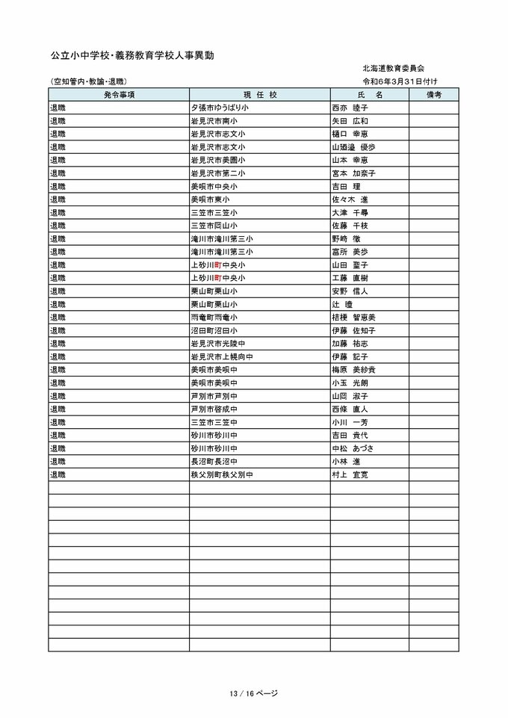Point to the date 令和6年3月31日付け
coord(400,81)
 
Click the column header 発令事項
coord(119,95)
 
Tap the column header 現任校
coord(260,95)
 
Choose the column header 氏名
coord(369,95)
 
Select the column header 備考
coord(433,95)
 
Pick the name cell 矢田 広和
coord(350,121)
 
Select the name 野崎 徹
coord(346,238)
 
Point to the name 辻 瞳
coord(342,304)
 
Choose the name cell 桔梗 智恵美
coord(353,317)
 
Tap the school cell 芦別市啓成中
coord(214,409)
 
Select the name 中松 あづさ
coord(353,448)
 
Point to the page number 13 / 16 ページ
coord(254,693)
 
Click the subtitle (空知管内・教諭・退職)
coord(88,81)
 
